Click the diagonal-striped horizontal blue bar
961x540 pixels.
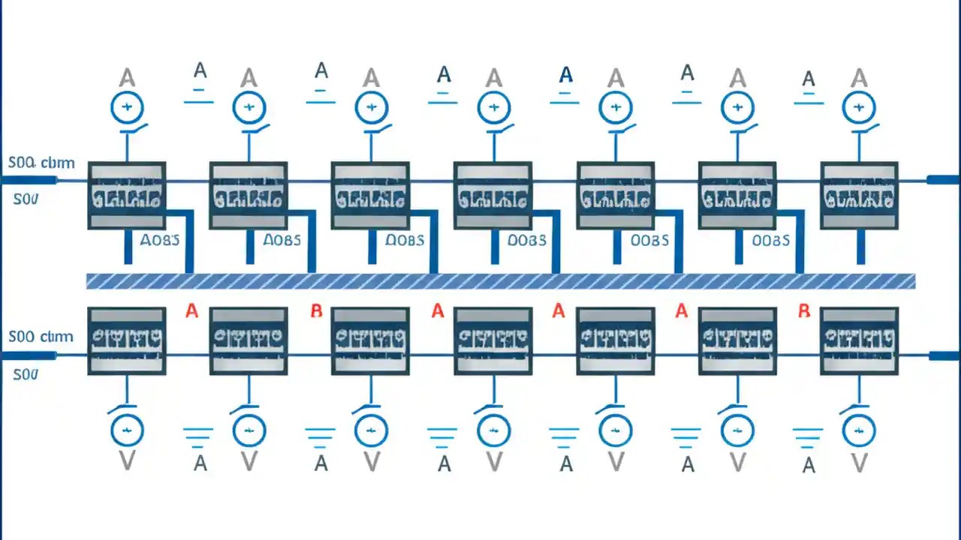coord(501,281)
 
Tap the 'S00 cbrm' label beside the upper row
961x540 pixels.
coord(41,163)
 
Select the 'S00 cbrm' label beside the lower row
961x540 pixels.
coord(41,337)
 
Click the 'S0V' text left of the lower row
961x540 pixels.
coord(26,373)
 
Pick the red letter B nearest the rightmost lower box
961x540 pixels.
coord(804,310)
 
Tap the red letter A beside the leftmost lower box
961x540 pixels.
coord(191,310)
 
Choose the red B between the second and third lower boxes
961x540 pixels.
coord(316,310)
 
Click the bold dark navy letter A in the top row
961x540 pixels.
coord(566,74)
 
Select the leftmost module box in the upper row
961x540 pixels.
coord(126,195)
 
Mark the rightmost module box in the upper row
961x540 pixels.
coord(859,195)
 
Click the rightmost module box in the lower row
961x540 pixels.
coord(859,340)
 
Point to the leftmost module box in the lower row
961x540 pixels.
coord(126,340)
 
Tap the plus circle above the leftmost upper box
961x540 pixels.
coord(127,108)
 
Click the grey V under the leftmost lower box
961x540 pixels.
coord(126,461)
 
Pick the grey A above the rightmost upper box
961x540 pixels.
coord(859,78)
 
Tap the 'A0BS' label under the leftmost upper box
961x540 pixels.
coord(159,240)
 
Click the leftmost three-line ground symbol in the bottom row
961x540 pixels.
coord(198,435)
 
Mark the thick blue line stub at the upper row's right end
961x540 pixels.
coord(943,179)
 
